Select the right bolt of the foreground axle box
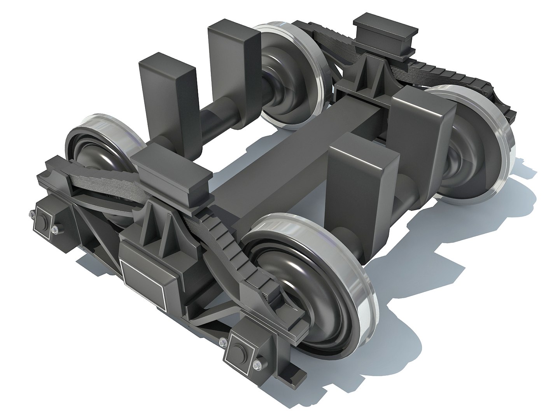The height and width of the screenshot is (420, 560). tap(256, 365)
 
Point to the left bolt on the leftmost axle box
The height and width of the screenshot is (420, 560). tap(30, 212)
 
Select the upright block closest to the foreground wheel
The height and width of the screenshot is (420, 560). tap(362, 183)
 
